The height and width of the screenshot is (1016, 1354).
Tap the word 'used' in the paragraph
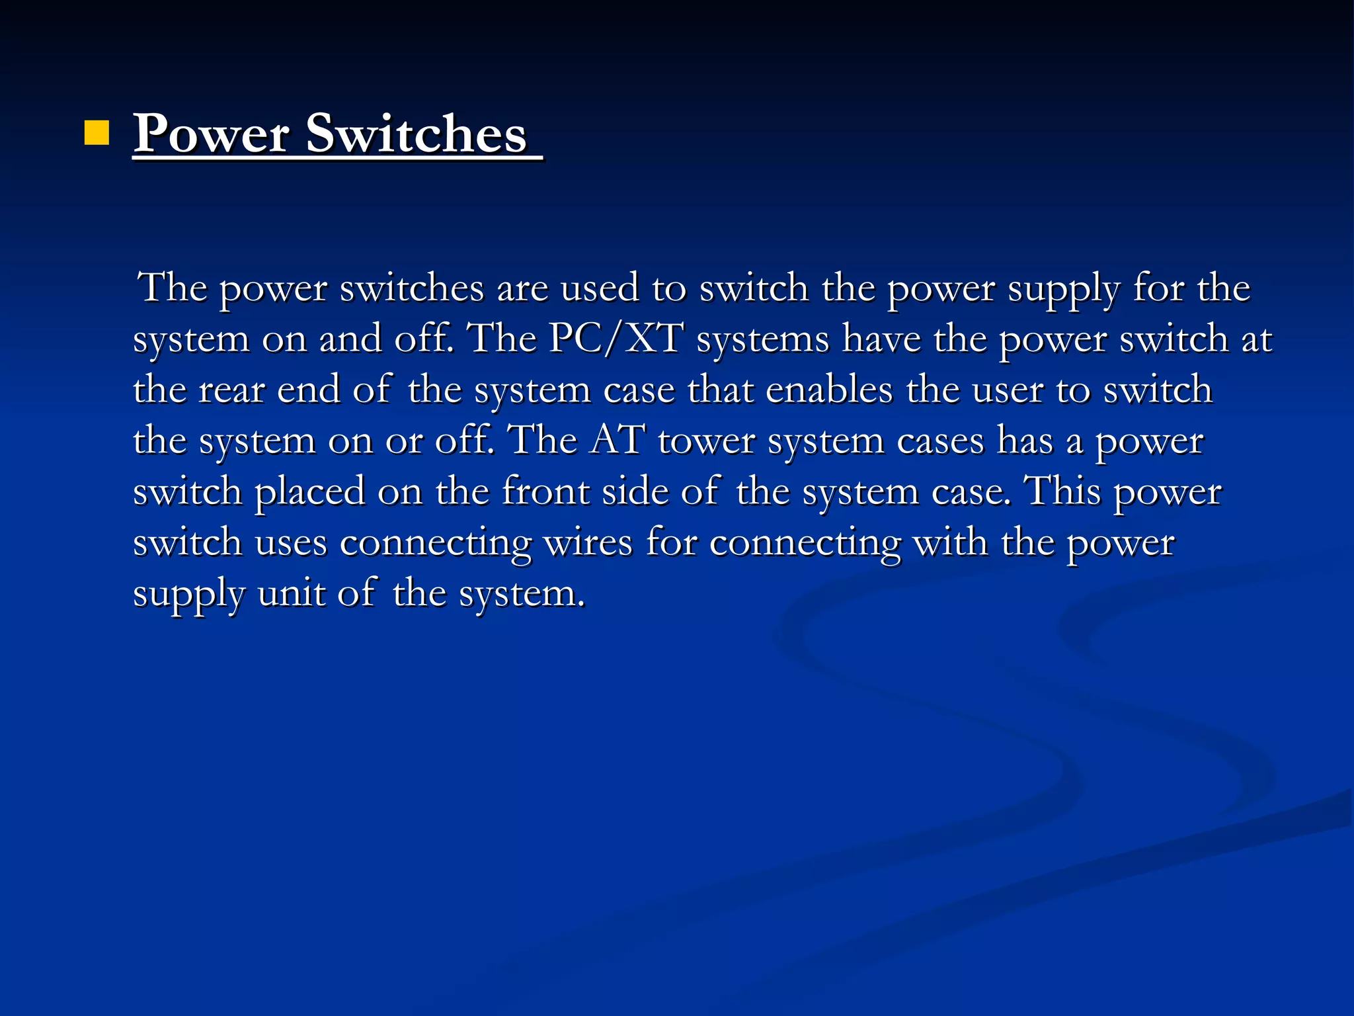[x=600, y=288]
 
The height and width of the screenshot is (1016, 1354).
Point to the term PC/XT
[x=616, y=339]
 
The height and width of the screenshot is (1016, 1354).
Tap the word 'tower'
[x=706, y=441]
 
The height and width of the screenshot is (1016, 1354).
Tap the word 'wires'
[x=588, y=543]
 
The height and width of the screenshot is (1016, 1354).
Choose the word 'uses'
[x=291, y=543]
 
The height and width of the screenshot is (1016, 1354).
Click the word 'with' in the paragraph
[x=951, y=543]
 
